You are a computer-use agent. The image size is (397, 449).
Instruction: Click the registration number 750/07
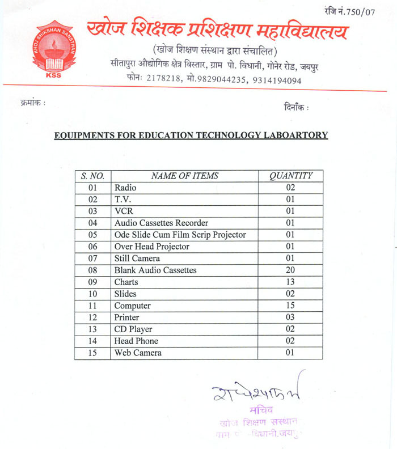tap(359, 11)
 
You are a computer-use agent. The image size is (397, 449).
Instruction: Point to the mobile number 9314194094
tap(277, 80)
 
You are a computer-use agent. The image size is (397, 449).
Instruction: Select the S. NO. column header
tap(92, 176)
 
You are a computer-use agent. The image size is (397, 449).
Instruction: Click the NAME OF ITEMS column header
tap(184, 176)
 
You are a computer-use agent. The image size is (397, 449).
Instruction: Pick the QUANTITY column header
tap(290, 176)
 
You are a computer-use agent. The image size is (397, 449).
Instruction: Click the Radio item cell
tap(125, 188)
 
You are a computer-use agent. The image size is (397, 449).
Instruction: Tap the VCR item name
tap(123, 211)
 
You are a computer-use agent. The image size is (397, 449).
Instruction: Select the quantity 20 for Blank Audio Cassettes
tap(290, 270)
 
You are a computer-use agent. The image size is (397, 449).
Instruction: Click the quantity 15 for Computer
tap(290, 306)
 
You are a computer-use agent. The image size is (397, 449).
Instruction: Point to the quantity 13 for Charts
tap(290, 282)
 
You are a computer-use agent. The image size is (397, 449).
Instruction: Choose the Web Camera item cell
tap(138, 353)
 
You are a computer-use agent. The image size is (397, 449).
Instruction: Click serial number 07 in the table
tap(93, 259)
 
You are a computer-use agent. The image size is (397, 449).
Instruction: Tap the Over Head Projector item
tap(151, 247)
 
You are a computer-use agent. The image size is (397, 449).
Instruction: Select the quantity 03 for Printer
tap(290, 317)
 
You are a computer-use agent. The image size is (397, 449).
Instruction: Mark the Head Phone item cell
tap(136, 341)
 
